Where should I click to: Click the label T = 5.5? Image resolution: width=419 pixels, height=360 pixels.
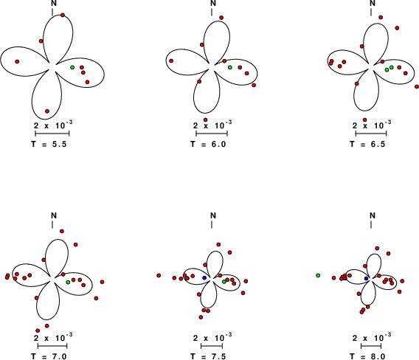pos(49,145)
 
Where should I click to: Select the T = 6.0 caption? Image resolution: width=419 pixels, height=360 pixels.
pos(208,145)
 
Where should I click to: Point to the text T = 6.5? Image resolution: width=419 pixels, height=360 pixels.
pos(367,145)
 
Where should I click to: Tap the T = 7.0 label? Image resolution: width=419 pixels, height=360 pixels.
pos(49,356)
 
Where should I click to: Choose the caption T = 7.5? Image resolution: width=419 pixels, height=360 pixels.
pos(208,356)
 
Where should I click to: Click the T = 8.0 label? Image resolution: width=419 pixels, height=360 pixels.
pos(367,356)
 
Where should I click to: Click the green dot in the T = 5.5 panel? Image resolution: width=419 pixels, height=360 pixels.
pos(72,67)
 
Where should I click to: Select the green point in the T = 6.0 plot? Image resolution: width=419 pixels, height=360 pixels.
pos(230,67)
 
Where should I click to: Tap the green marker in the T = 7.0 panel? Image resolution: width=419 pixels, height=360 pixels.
pos(68,283)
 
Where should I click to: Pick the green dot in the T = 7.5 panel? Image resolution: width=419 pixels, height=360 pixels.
pos(224,282)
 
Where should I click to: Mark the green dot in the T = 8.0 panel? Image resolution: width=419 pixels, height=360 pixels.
pos(318,275)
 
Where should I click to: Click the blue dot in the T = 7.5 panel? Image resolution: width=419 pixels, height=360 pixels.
pos(204,278)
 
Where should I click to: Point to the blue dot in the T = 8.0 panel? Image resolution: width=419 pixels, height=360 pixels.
pos(366,279)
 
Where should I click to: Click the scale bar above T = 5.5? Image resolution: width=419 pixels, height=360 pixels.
pos(52,134)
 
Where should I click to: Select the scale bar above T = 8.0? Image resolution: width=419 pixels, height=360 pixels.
pos(371,346)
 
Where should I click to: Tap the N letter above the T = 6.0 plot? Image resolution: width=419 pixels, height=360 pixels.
pos(213,3)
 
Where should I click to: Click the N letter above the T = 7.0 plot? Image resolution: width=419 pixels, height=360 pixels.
pos(54,215)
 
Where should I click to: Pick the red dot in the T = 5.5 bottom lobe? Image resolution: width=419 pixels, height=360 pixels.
pos(47,111)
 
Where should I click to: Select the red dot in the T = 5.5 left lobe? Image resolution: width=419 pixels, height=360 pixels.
pos(17,61)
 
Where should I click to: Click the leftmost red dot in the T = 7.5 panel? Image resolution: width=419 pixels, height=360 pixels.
pos(159,275)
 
